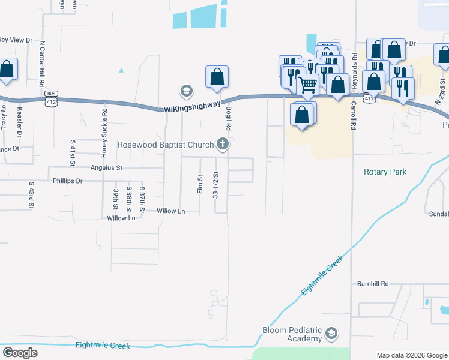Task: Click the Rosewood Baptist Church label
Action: coord(166,145)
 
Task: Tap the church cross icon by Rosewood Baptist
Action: coord(223,144)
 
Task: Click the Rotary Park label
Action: coord(385,172)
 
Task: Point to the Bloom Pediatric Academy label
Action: coord(292,335)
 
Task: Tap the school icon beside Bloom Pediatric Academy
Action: coord(331,334)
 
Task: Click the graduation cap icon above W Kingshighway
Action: coord(186,92)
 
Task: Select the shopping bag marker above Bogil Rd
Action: coord(217,77)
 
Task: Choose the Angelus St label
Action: coord(106,168)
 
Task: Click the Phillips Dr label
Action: coord(67,181)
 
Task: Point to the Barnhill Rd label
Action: coord(373,283)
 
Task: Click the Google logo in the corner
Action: coord(20,353)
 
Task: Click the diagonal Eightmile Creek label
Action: coord(324,275)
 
